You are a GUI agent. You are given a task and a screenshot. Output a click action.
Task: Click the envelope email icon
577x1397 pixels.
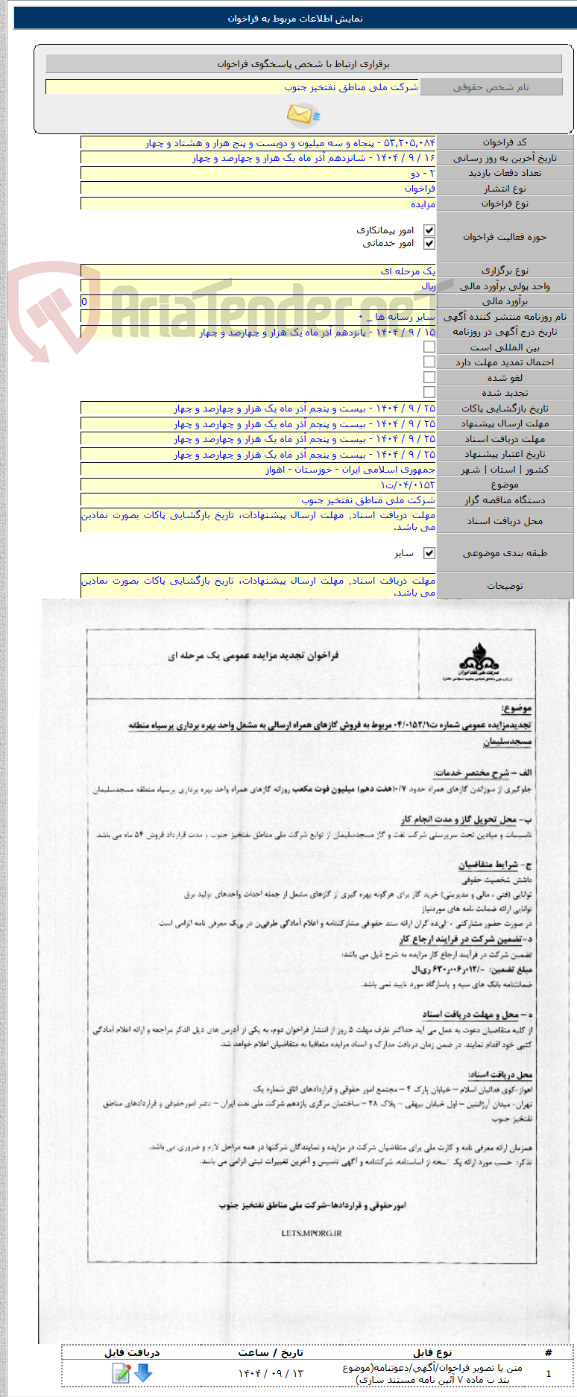302,114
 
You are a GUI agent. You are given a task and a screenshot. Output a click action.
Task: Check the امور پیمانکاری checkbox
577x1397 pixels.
429,231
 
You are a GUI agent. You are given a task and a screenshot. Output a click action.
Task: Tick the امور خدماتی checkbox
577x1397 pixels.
429,244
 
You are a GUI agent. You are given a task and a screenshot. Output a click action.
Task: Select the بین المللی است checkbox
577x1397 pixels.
429,347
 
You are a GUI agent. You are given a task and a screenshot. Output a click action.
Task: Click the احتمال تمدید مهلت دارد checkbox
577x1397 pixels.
429,362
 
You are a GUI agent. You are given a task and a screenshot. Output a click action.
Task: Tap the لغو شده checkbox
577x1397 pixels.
429,377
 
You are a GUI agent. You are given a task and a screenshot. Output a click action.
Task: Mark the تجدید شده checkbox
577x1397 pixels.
429,392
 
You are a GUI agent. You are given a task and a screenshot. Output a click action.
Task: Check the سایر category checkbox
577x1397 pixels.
429,553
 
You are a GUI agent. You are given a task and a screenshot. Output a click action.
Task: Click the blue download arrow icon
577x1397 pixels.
143,1372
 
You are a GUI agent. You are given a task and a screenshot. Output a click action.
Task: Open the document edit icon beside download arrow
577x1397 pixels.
121,1372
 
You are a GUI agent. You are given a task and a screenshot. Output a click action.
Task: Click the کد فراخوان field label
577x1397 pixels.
505,142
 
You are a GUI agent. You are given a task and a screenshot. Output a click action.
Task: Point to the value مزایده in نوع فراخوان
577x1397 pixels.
423,204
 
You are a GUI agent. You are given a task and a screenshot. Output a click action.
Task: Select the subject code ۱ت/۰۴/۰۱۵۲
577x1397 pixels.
408,485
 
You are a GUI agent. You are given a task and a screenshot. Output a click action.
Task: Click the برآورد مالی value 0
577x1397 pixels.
84,301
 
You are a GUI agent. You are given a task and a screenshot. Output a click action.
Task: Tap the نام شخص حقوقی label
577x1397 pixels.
491,87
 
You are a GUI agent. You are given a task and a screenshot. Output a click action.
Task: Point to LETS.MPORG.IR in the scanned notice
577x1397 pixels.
312,1233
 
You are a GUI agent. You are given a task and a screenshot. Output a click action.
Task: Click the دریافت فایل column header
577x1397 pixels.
132,1352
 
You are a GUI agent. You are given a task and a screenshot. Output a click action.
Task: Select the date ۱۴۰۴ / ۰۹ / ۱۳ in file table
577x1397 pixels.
271,1373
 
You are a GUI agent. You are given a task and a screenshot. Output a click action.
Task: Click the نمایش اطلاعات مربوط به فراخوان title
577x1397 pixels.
295,19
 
